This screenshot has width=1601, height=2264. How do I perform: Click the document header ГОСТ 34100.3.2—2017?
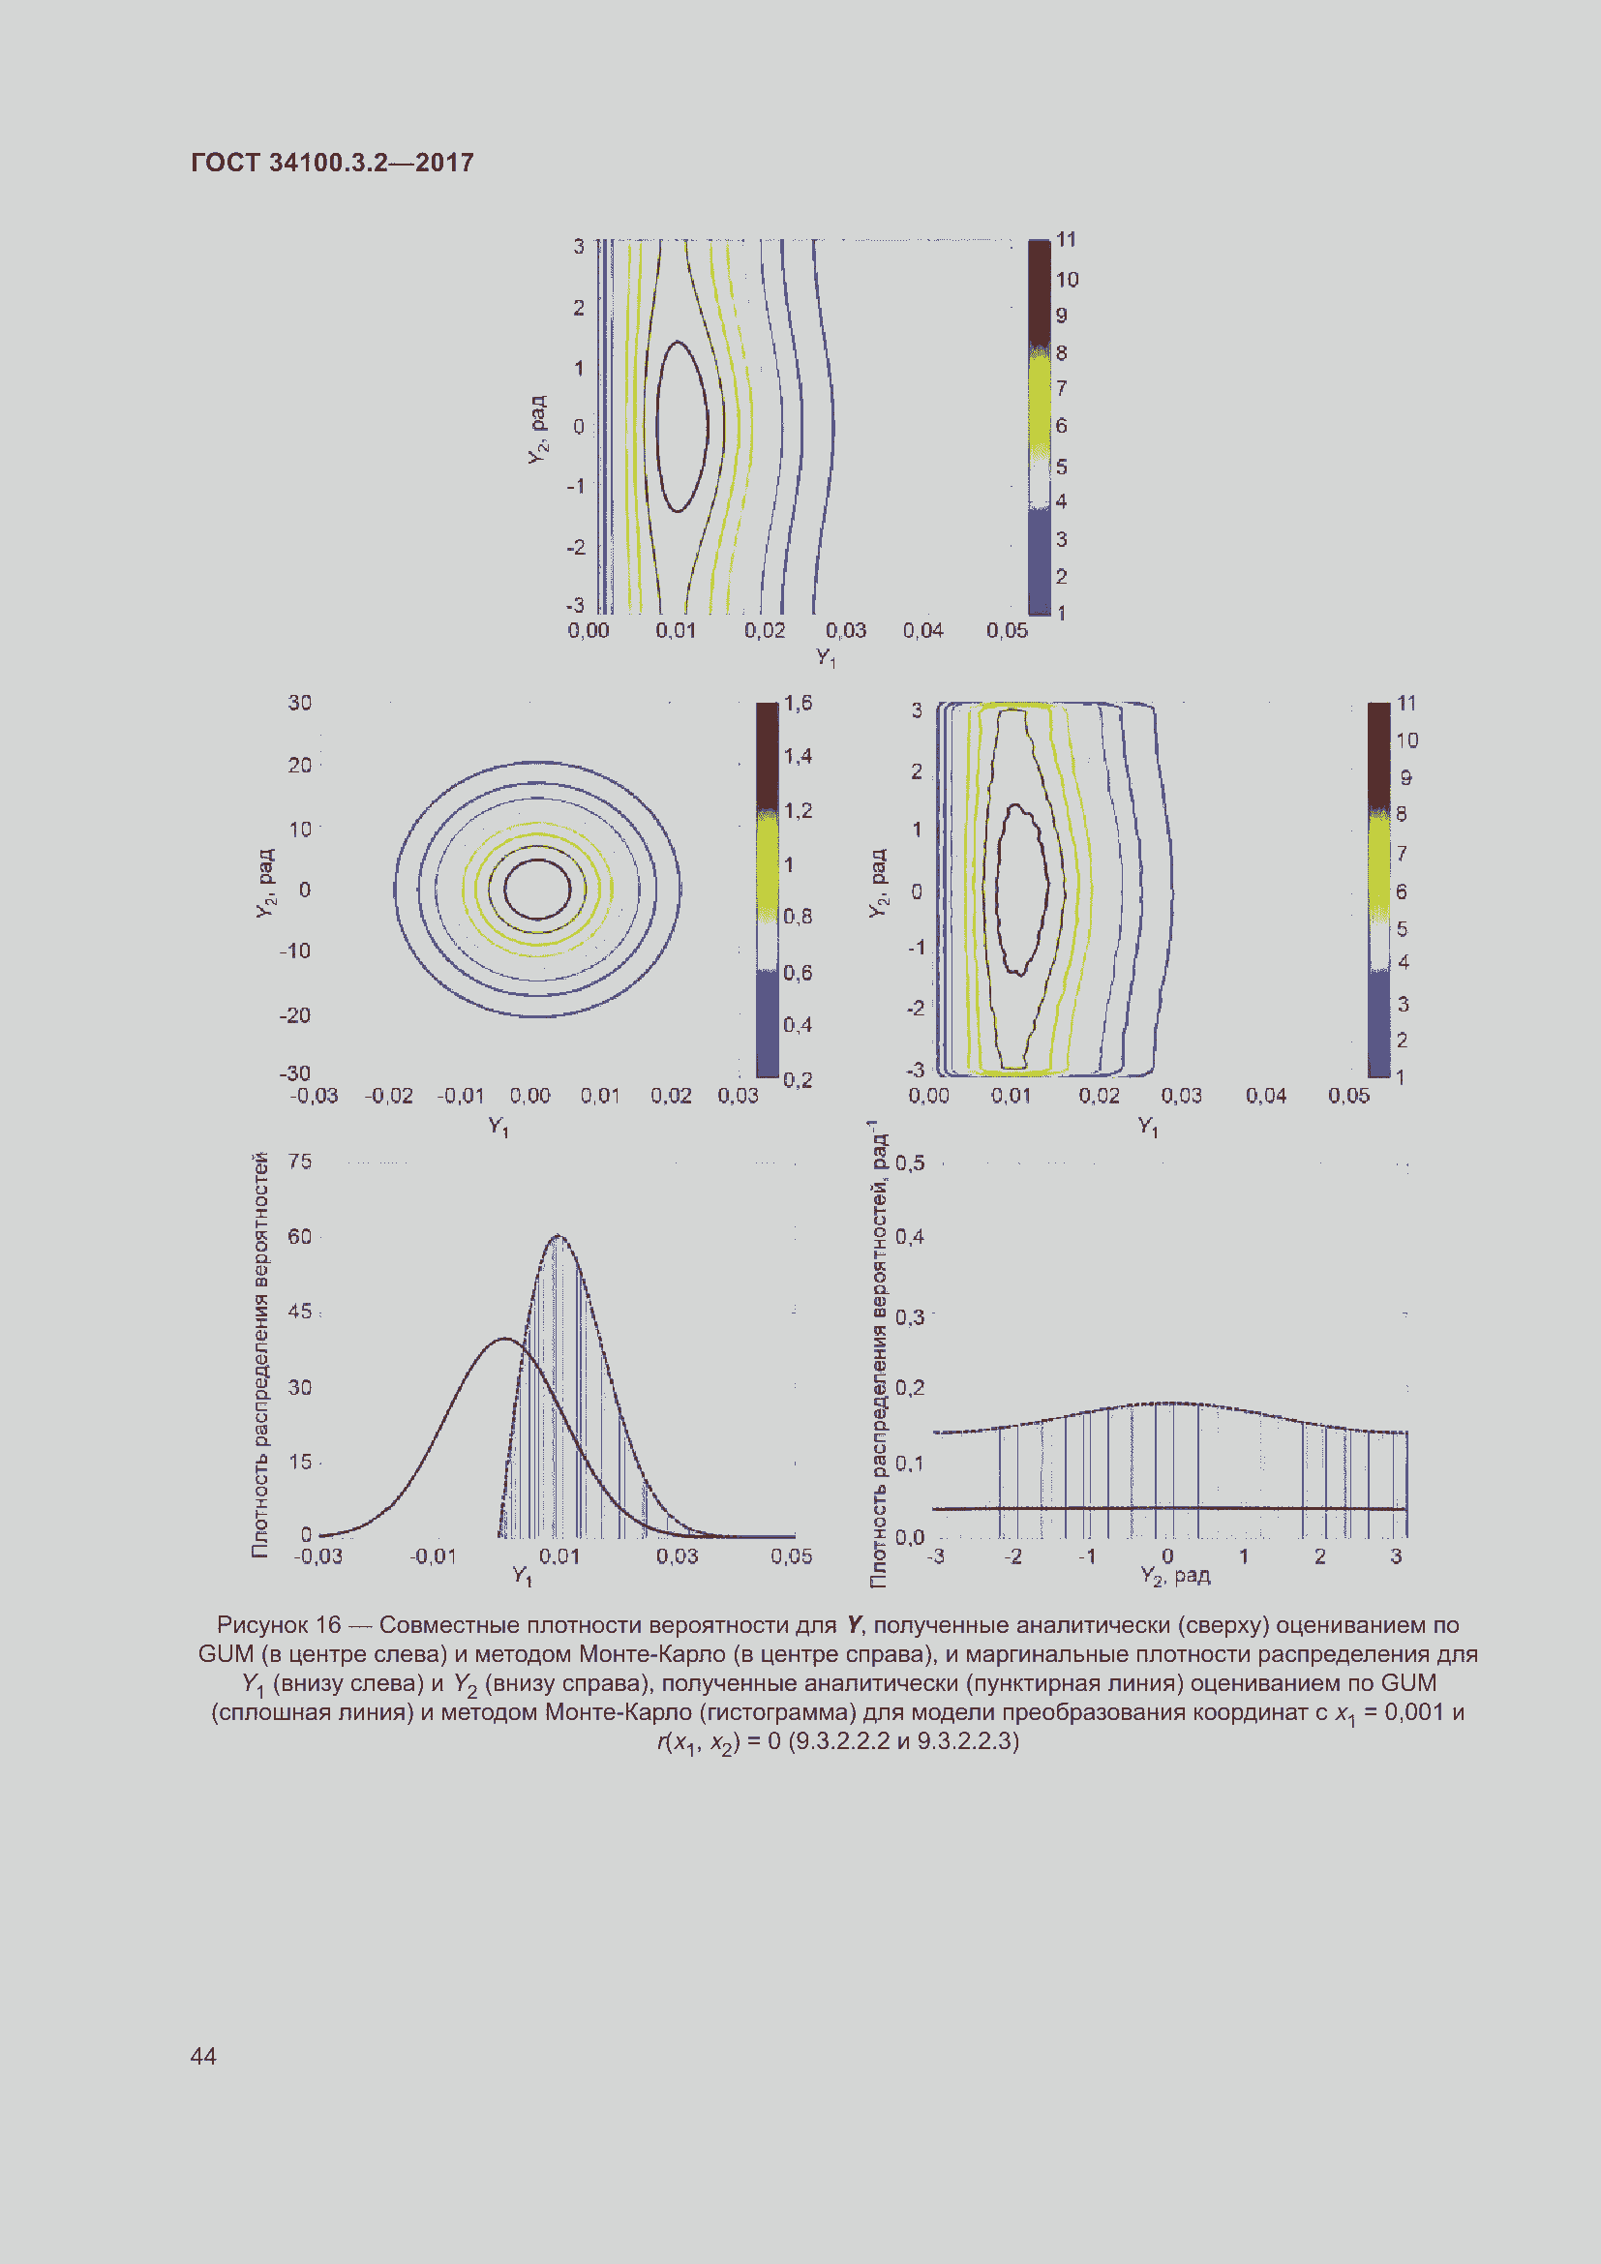(332, 163)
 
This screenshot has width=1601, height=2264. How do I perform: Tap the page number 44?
(203, 2055)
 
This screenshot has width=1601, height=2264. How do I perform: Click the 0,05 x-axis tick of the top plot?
(1007, 630)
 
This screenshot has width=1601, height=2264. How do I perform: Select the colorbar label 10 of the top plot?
(1067, 279)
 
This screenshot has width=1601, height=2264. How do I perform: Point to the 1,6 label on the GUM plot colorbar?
(798, 702)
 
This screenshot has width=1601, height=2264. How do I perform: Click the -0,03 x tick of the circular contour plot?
(315, 1096)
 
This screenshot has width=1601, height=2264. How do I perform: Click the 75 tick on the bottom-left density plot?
(300, 1161)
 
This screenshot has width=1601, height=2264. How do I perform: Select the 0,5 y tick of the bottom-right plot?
(910, 1162)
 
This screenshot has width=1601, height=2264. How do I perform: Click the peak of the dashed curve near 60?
(558, 1234)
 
